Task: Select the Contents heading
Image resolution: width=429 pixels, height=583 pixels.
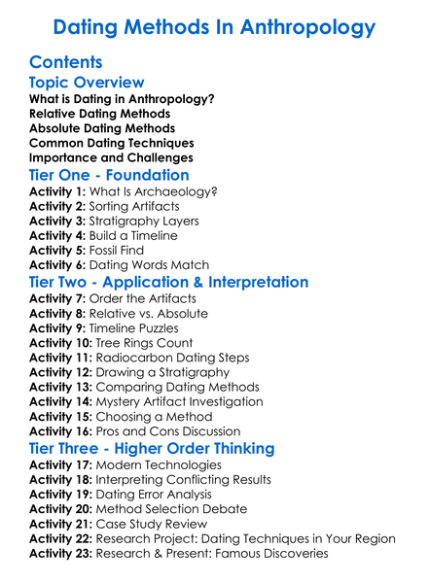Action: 66,62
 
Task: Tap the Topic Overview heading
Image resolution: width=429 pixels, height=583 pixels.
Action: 87,83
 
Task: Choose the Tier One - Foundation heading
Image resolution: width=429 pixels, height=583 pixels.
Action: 109,175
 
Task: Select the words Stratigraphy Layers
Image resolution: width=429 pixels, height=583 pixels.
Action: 144,222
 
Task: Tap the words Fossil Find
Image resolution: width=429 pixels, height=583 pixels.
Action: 122,251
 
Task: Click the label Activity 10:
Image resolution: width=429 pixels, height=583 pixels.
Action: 61,343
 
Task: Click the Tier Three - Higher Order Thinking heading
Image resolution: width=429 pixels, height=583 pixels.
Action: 152,450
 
